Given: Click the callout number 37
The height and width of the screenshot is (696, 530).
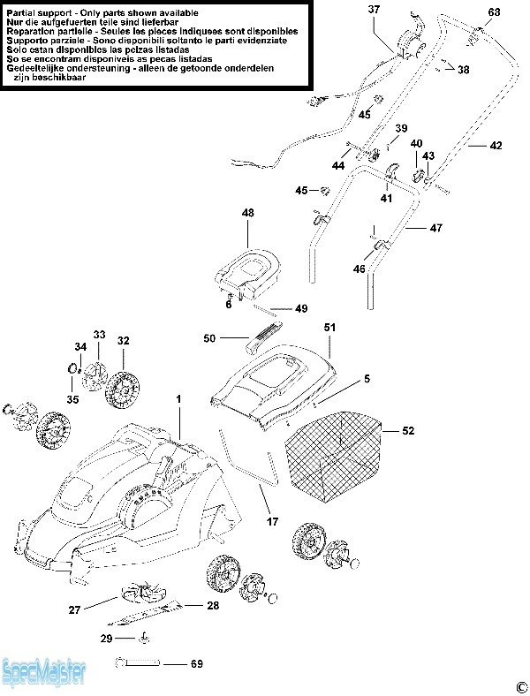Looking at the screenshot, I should [x=374, y=9].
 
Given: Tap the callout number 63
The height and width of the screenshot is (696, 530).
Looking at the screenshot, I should [x=493, y=12].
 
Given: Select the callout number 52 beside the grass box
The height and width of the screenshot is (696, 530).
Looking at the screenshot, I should [x=407, y=431].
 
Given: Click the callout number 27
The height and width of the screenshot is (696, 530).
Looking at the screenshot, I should [x=74, y=609].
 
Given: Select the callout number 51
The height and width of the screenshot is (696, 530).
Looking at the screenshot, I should [x=329, y=328].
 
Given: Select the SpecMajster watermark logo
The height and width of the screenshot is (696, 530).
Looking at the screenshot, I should [x=44, y=673].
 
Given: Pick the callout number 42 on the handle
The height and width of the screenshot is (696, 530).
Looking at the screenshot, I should [x=496, y=145].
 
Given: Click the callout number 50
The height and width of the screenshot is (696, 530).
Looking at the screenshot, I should [x=209, y=338].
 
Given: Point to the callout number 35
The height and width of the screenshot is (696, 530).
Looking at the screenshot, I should [x=72, y=399].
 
